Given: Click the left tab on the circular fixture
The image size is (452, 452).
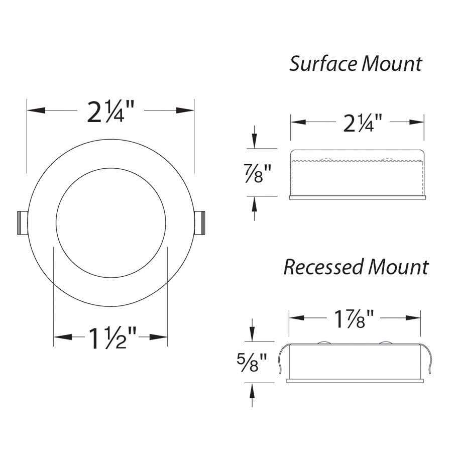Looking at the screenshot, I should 22,222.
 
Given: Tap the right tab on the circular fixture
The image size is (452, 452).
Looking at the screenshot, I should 200,222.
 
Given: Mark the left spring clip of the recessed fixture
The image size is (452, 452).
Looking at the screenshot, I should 283,359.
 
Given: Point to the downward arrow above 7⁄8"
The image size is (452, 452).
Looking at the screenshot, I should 255,138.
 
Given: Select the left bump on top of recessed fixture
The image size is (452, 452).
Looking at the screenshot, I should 323,343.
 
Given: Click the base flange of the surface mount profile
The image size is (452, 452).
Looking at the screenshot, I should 358,197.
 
